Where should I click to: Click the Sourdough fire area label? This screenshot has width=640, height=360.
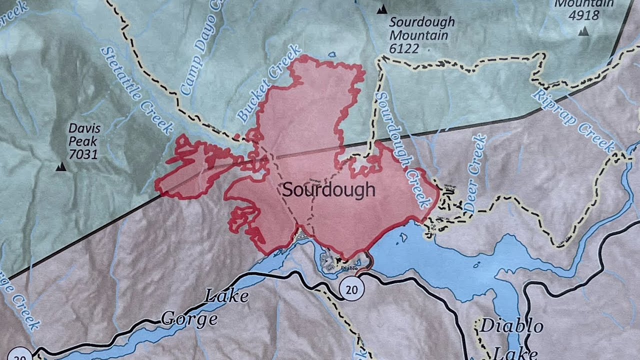328,190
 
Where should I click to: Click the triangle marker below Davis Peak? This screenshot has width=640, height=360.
61,167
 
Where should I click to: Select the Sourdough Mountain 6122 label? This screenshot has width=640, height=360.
421,35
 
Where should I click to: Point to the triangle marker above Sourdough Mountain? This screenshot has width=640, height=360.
382,8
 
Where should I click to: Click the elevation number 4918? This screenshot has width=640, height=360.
583,15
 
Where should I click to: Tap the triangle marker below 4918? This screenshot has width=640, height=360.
583,31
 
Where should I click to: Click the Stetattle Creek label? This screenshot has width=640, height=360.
136,90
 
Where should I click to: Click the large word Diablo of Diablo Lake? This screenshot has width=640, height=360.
511,326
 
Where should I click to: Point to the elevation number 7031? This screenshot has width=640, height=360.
83,154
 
